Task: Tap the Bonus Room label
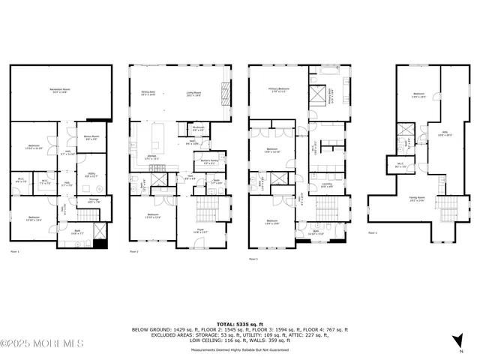[x=91, y=137]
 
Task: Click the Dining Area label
[x=147, y=94]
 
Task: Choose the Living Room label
[x=195, y=94]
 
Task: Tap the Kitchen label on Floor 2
[x=151, y=157]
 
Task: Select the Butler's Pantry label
[x=208, y=161]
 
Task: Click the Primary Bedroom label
[x=279, y=89]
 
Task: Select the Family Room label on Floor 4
[x=415, y=199]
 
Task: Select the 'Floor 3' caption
[x=253, y=259]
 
